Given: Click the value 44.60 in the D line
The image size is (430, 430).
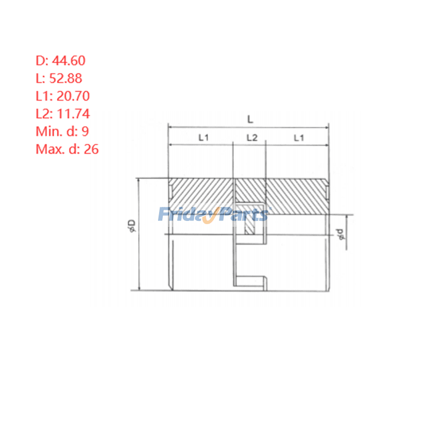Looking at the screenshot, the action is click(69, 61).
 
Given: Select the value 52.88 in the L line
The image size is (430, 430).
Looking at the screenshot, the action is click(66, 78).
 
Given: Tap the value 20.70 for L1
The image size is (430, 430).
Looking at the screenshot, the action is click(73, 96).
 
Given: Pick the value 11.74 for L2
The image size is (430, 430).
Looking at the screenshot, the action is click(73, 114).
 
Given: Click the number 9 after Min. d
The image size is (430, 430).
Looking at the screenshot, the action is click(85, 131).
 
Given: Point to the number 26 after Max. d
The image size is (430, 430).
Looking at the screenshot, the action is click(91, 149).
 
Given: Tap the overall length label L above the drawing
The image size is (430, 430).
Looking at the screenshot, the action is click(250, 119).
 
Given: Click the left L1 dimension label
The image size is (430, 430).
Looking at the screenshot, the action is click(204, 138).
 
